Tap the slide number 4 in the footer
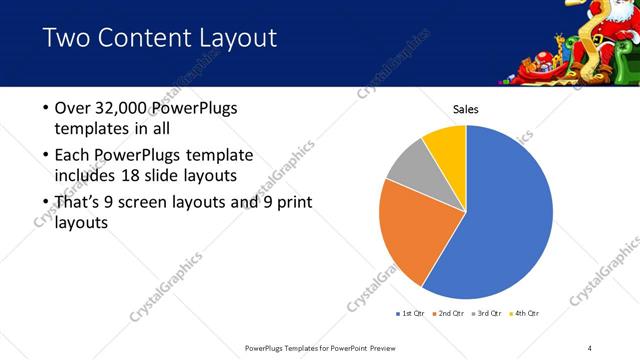pos(590,347)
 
